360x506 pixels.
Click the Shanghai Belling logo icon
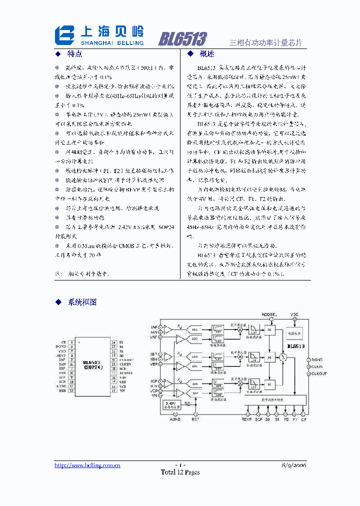65,35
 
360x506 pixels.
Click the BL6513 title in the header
182,39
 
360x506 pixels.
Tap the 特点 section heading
74,53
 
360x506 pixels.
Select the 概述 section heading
206,53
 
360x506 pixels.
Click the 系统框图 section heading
82,302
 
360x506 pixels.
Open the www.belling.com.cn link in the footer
87,465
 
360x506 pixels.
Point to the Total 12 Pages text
180,472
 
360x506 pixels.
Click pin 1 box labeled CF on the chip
72,342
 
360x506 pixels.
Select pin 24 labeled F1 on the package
113,342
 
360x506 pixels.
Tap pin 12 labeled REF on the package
72,390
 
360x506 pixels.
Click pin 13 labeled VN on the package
113,390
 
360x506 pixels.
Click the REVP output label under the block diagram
247,419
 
